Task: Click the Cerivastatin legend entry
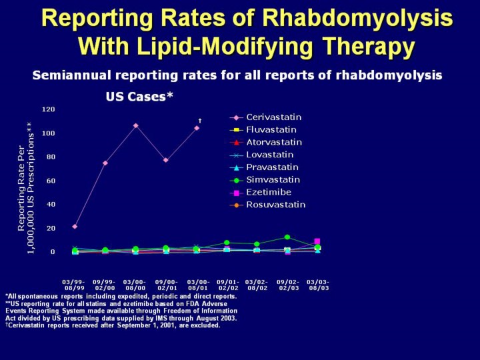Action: point(273,117)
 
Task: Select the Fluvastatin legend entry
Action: point(271,130)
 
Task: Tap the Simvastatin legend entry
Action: point(273,180)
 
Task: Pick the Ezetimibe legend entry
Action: point(269,192)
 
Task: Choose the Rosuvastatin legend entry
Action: point(275,205)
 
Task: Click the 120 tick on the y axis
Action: point(48,109)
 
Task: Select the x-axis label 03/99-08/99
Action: point(74,284)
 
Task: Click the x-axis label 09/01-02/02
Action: point(227,284)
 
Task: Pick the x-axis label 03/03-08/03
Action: point(317,284)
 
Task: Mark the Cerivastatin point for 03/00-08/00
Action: point(135,125)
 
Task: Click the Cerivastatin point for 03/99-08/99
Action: point(75,227)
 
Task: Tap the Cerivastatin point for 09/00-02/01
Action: point(166,160)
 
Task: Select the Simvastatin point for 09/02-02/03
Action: point(287,237)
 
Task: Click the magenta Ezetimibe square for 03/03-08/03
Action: point(317,241)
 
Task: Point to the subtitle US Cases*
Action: point(139,96)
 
